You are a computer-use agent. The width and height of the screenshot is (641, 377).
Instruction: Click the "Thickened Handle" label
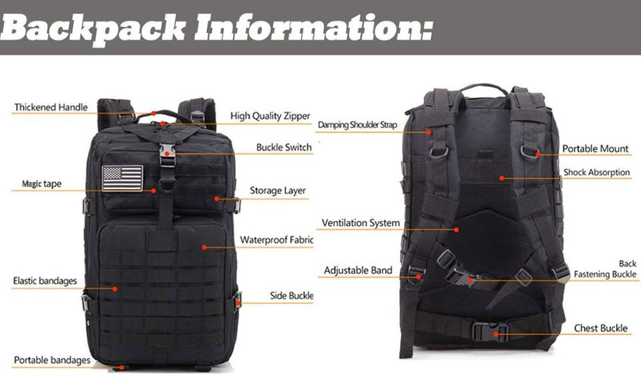click(x=51, y=108)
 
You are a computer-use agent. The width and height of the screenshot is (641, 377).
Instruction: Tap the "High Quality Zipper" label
click(x=270, y=116)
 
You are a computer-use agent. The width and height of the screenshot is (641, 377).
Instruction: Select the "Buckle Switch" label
click(x=284, y=147)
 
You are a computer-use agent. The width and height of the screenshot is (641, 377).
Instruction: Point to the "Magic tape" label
click(x=41, y=184)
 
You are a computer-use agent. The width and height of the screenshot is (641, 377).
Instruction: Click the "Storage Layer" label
click(x=278, y=191)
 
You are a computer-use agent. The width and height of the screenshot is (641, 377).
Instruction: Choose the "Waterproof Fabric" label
click(x=276, y=239)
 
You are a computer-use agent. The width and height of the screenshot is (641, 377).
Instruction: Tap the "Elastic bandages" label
click(x=45, y=281)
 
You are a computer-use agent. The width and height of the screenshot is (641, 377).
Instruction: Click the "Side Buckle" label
click(x=292, y=295)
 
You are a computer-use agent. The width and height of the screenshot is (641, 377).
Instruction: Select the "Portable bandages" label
click(x=51, y=360)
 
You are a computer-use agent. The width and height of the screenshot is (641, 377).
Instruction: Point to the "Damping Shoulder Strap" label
click(x=357, y=125)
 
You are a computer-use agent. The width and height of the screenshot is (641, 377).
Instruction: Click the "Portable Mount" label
click(x=595, y=148)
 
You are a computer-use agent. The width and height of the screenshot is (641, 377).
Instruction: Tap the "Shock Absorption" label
click(x=596, y=172)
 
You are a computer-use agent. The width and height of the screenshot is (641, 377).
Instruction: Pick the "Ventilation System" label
click(x=361, y=223)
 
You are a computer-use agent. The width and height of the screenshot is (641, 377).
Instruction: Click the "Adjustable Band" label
click(x=358, y=270)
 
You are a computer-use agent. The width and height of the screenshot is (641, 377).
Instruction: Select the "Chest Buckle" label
click(x=601, y=328)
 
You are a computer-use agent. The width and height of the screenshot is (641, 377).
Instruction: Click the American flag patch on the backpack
click(x=123, y=178)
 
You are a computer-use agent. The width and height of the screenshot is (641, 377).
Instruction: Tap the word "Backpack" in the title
click(x=93, y=27)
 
